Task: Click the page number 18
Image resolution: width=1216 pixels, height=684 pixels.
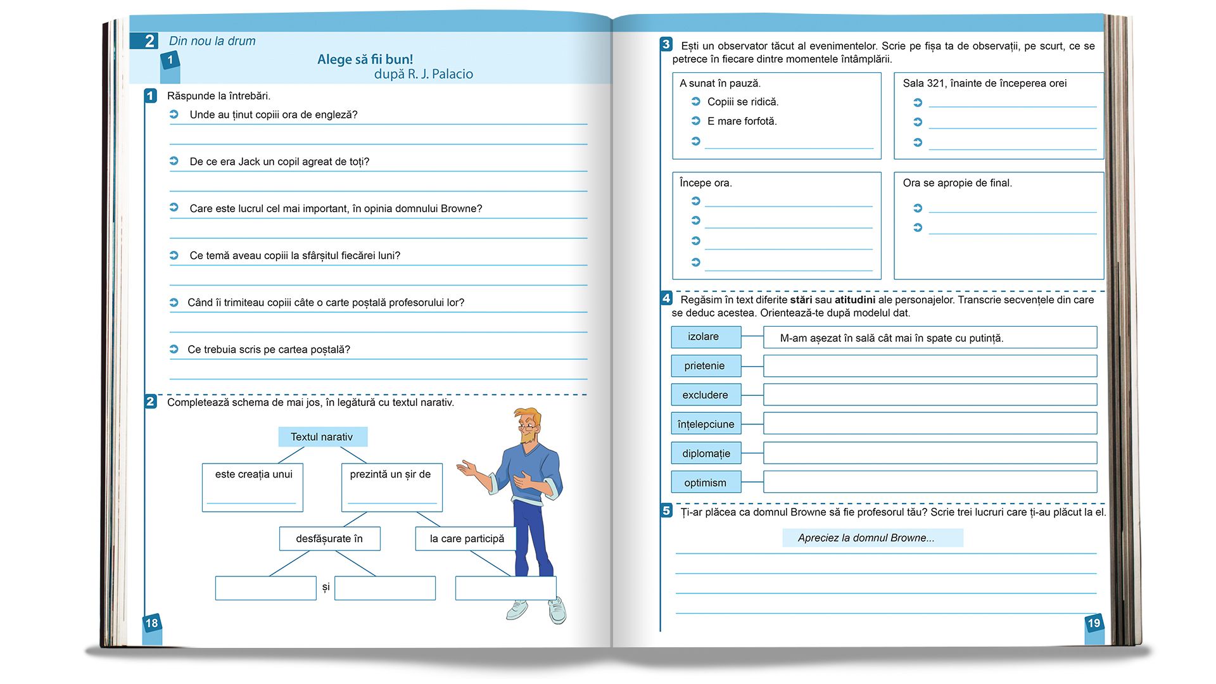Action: point(152,623)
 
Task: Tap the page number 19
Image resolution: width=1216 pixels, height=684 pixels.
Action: point(1094,623)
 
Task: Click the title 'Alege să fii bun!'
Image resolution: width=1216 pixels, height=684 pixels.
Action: point(365,60)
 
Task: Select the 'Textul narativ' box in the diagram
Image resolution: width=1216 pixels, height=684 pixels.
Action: point(322,437)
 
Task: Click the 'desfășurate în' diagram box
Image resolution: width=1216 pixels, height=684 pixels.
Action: point(329,539)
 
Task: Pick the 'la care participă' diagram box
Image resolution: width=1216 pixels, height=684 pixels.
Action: point(467,539)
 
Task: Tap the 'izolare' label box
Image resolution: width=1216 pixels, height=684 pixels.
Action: point(706,337)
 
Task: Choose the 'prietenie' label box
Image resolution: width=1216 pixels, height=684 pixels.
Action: point(706,366)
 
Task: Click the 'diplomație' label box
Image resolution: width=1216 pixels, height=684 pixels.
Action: point(706,453)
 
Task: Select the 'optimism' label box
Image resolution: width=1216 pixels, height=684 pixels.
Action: point(706,483)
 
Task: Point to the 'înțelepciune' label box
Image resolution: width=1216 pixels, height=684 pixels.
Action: point(706,424)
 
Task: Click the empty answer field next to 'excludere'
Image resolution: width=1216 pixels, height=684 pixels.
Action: point(930,395)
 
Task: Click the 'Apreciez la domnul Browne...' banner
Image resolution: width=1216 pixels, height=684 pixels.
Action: point(872,538)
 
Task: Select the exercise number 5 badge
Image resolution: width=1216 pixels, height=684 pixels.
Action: point(666,510)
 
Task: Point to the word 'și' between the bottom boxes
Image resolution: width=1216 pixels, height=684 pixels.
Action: point(326,587)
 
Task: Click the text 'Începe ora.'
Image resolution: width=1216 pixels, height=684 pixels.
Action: point(706,183)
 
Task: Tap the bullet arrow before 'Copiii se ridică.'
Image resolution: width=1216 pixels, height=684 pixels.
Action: point(695,101)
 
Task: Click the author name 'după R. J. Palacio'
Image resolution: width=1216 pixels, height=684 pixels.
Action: point(423,74)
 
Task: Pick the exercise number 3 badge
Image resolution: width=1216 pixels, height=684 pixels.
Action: point(666,44)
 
